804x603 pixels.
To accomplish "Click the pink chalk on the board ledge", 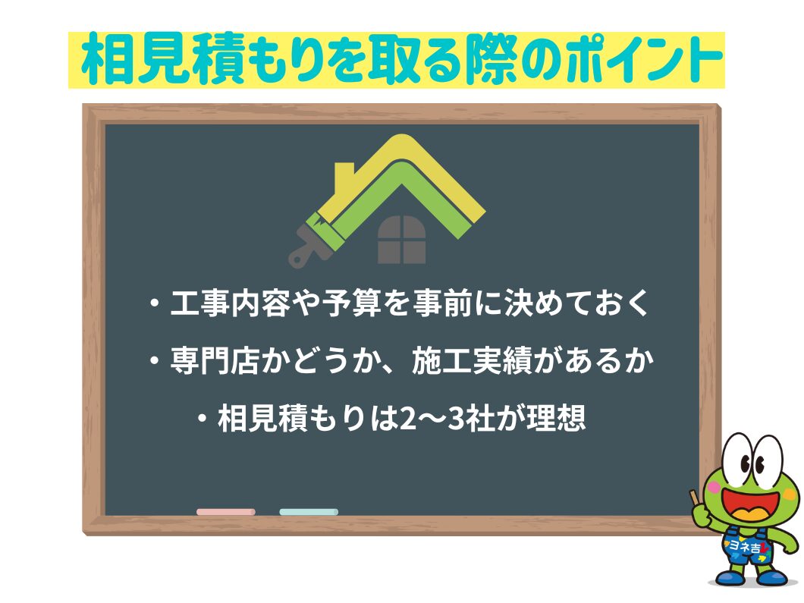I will pos(225,512).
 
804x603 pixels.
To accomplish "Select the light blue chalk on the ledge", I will pos(308,512).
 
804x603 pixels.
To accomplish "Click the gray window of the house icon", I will pos(402,239).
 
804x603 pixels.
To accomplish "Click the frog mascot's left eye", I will pos(736,461).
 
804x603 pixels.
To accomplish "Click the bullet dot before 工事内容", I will pos(155,305).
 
